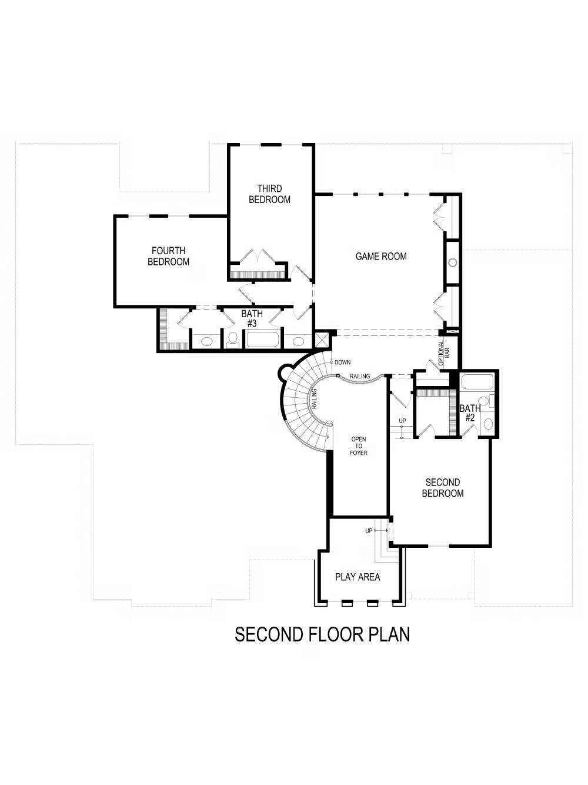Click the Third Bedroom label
click(269, 194)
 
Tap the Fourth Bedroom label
click(168, 256)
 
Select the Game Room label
click(381, 256)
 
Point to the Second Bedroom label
click(443, 487)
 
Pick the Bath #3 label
click(252, 318)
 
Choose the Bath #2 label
click(470, 413)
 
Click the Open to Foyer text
click(359, 446)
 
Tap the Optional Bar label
click(444, 353)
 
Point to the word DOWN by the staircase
click(342, 362)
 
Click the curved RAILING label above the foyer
click(360, 376)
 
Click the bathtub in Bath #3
click(263, 340)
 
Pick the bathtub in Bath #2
click(477, 382)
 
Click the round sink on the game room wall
click(452, 263)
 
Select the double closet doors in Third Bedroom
click(258, 256)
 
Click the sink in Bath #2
click(487, 424)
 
